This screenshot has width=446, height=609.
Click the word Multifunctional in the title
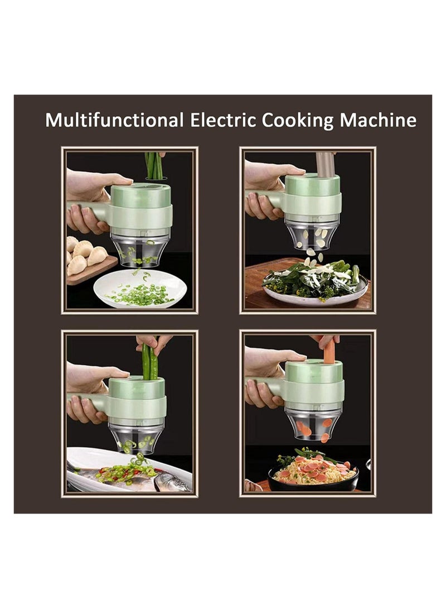[114, 121]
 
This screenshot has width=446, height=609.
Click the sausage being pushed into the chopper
[329, 352]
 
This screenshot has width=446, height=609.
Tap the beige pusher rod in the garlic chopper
[326, 164]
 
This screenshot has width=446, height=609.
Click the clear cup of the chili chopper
[137, 436]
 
